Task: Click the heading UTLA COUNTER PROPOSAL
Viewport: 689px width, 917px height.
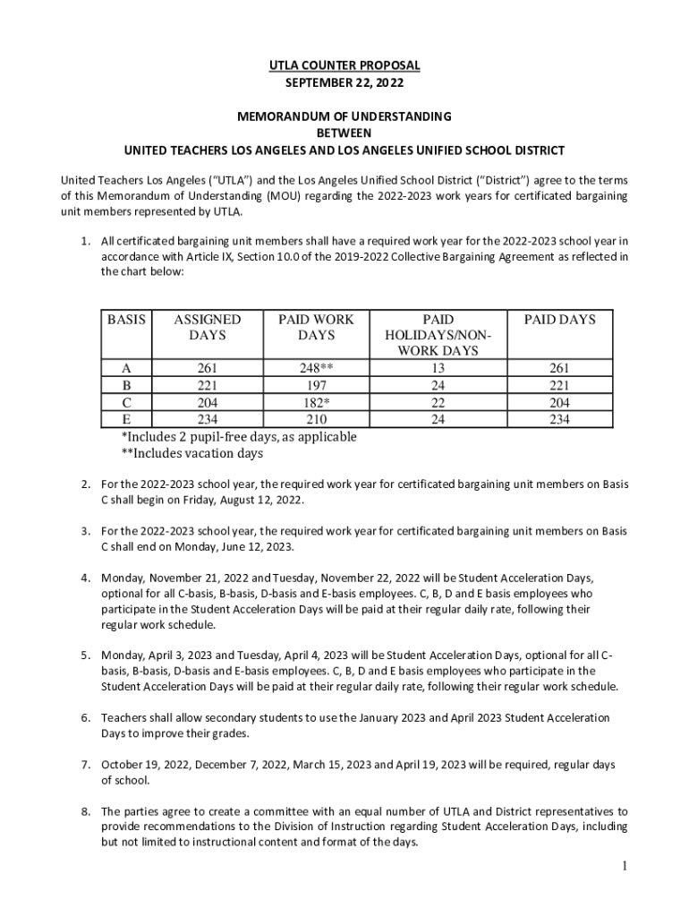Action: pos(344,65)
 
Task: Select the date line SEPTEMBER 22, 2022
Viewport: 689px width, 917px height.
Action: pos(344,82)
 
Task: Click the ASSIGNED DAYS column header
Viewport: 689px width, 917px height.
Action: pos(207,327)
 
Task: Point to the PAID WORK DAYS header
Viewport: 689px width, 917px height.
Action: pos(316,327)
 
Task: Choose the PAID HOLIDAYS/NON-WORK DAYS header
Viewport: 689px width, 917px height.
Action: pos(438,335)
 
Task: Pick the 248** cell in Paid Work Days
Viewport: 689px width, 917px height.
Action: pos(316,368)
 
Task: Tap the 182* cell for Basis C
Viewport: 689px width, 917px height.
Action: pos(316,402)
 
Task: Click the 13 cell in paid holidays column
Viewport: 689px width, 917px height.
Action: pos(438,368)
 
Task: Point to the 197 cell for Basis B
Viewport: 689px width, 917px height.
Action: pos(316,385)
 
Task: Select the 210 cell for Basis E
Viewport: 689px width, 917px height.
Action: pos(316,419)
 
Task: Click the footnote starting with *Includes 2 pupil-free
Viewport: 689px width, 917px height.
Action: pos(239,437)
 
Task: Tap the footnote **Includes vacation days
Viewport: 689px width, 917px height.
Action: pos(192,454)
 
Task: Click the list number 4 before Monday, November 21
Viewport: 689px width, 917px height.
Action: pos(86,578)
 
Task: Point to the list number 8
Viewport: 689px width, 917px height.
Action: pos(86,810)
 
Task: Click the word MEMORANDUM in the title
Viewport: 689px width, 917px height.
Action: pos(289,116)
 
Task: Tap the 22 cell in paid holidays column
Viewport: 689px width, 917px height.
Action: pos(438,402)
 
